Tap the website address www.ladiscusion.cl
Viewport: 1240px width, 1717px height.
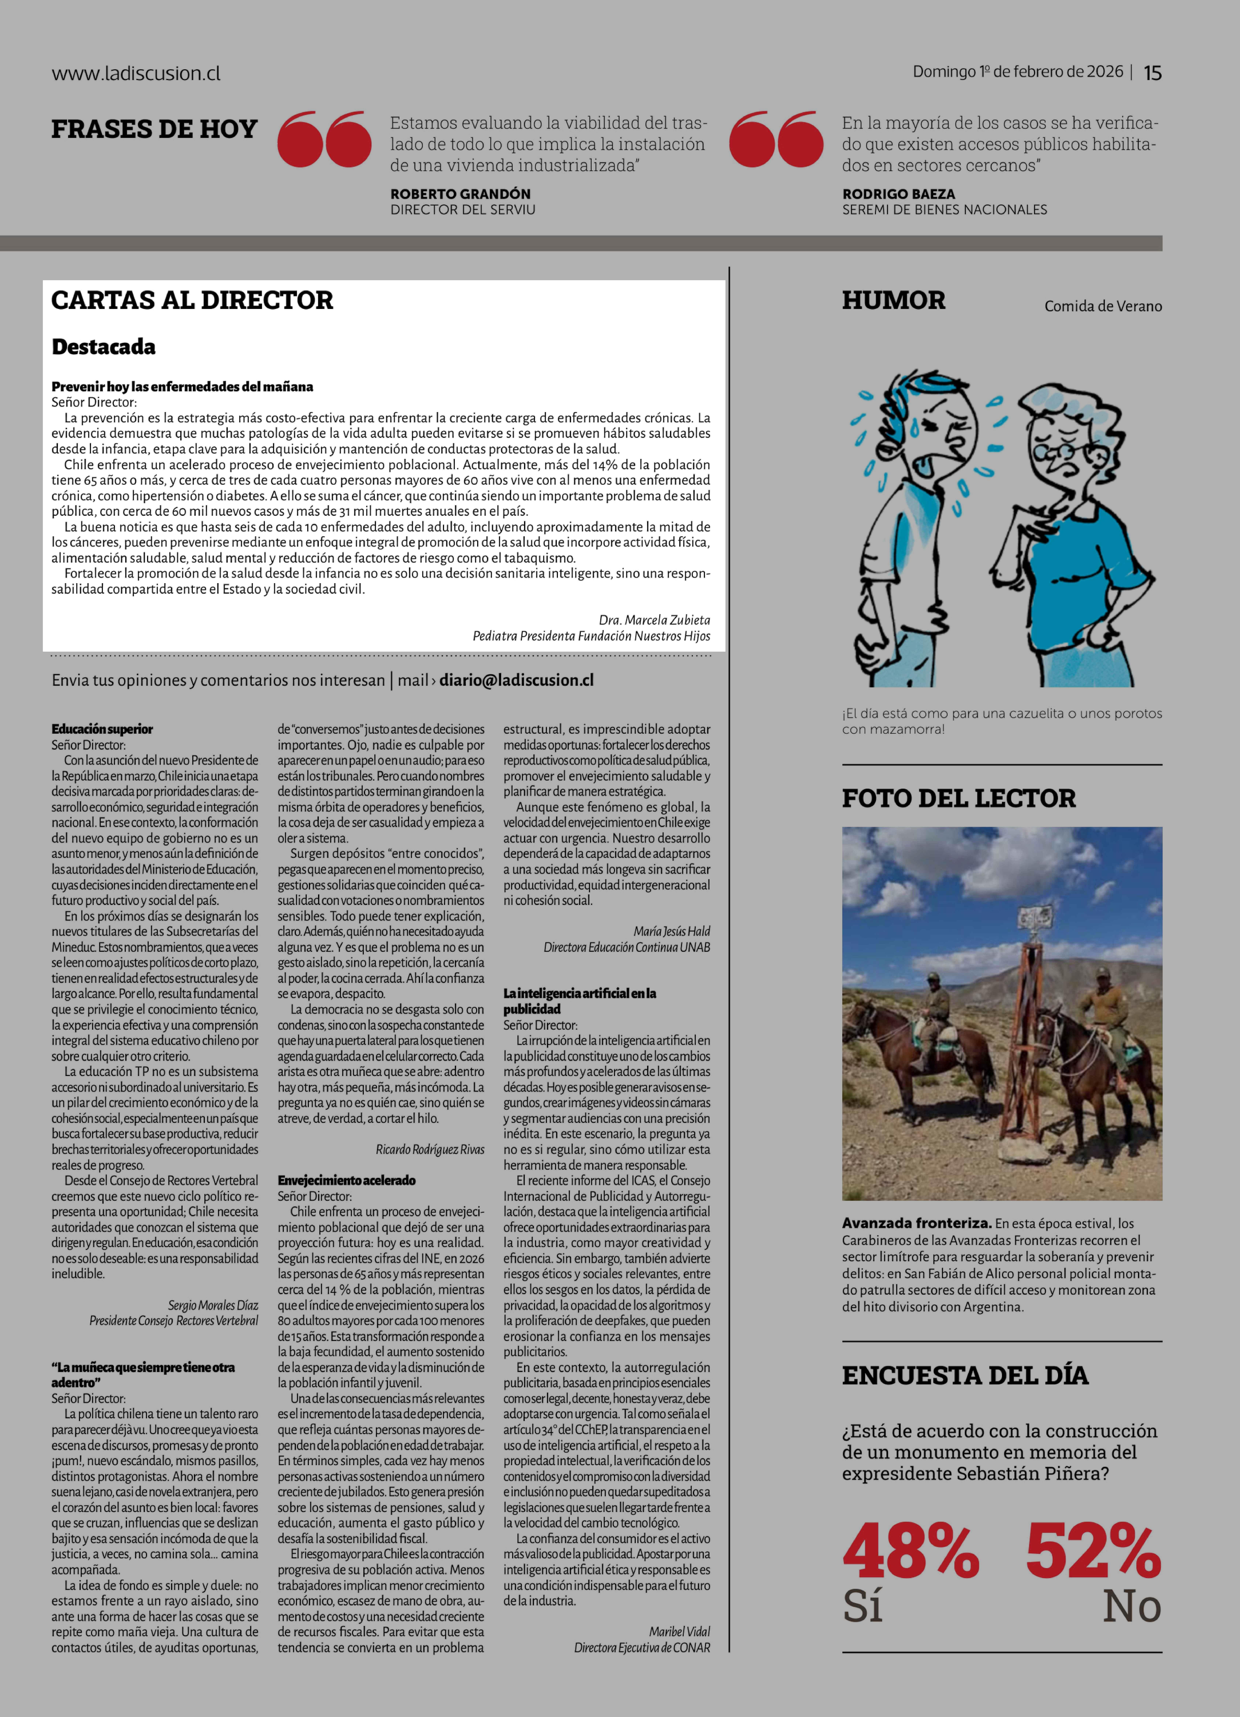pyautogui.click(x=136, y=73)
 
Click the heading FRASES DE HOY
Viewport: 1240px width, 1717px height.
pyautogui.click(x=154, y=129)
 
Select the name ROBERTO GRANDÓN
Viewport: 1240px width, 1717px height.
pyautogui.click(x=460, y=194)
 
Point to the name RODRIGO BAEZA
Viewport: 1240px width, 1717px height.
pyautogui.click(x=899, y=194)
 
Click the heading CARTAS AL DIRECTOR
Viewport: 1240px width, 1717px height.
pyautogui.click(x=192, y=301)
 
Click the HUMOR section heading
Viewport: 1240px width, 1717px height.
pyautogui.click(x=893, y=301)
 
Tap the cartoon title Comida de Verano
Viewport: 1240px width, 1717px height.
pyautogui.click(x=1103, y=306)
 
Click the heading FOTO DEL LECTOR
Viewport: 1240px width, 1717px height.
pyautogui.click(x=958, y=798)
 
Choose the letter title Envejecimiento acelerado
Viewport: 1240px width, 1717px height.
pyautogui.click(x=346, y=1180)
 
